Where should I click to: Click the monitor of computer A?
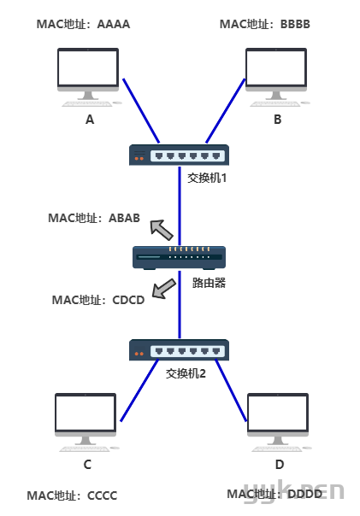point(88,70)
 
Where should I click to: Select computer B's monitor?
point(276,70)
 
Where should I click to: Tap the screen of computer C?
point(86,414)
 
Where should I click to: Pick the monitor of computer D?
point(278,414)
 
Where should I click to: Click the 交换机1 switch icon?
point(179,155)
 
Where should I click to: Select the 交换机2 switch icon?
point(179,349)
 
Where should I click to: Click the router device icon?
point(180,258)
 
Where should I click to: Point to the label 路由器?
point(209,283)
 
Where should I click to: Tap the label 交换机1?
point(207,178)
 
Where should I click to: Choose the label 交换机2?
point(186,373)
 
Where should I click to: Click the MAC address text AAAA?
point(114,25)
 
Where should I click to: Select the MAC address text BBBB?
point(296,25)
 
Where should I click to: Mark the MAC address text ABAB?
point(124,218)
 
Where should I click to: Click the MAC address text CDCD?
point(128,300)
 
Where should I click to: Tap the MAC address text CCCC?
point(103,495)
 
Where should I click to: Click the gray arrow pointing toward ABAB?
point(161,229)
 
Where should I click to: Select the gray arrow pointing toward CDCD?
point(163,289)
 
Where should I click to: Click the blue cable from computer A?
point(141,111)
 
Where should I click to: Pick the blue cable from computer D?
point(231,390)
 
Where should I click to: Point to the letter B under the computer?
point(278,120)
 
